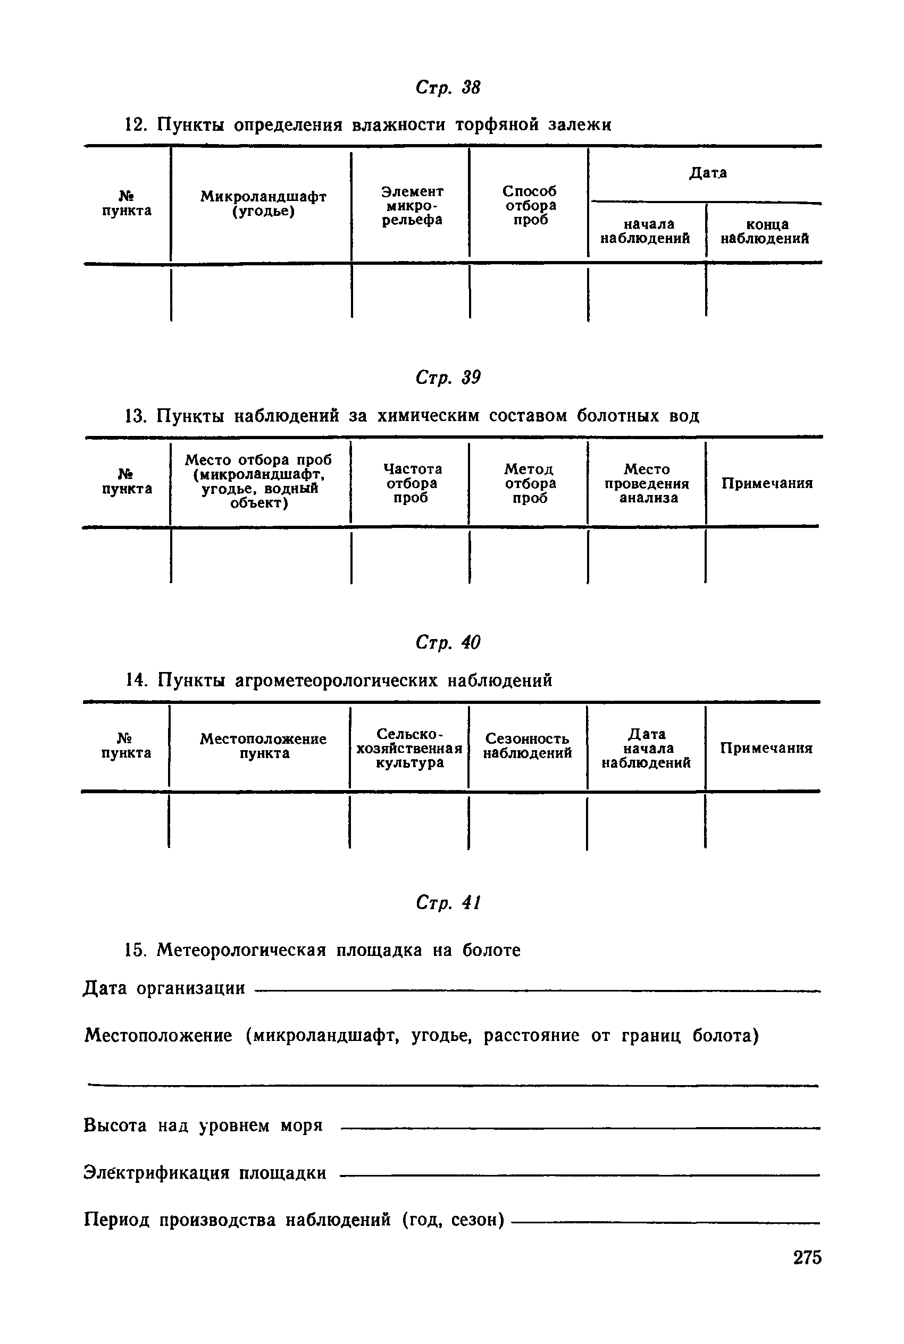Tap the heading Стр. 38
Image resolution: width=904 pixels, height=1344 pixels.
pos(447,88)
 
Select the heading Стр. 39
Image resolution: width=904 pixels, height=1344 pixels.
pos(447,377)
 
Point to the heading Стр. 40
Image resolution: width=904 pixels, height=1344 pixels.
pos(447,642)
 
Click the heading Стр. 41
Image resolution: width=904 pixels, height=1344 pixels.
pos(447,903)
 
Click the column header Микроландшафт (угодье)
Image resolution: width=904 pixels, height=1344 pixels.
pos(263,204)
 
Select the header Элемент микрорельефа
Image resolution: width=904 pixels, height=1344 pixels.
pos(412,205)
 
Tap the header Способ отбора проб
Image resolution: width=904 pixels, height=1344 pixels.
pos(530,205)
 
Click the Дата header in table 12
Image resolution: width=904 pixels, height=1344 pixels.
pos(707,173)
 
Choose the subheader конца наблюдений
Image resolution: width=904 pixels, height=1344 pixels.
pos(765,231)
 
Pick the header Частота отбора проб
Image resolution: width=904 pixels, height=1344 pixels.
pos(412,483)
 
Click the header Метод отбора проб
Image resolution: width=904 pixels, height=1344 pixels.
pos(530,483)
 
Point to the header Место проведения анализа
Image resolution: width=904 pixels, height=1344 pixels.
pos(647,483)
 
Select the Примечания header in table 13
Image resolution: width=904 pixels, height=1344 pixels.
pos(767,483)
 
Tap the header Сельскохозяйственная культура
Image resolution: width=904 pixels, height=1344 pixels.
pos(409,748)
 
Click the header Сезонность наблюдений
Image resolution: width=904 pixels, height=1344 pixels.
pos(528,746)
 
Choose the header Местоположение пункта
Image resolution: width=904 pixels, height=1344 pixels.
pos(263,746)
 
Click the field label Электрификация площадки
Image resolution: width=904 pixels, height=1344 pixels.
pos(205,1173)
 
